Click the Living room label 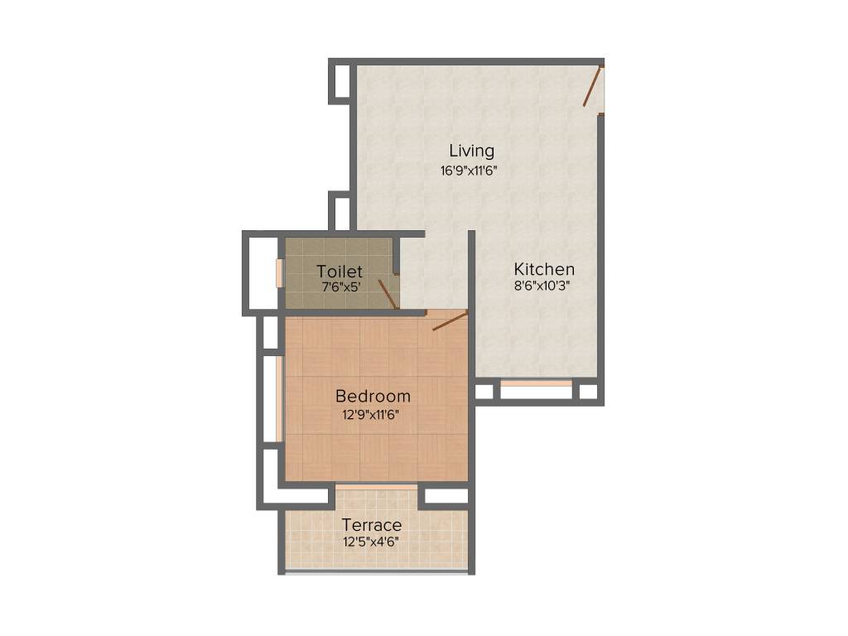click(x=471, y=151)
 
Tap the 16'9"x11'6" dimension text click(x=469, y=171)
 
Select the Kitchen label click(x=544, y=269)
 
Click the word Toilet click(x=340, y=271)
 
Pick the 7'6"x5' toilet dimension click(x=341, y=287)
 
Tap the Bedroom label click(x=373, y=396)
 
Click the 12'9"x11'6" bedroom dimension click(x=371, y=415)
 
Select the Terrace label click(x=372, y=525)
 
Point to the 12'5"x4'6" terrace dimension click(x=371, y=543)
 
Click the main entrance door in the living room click(x=592, y=88)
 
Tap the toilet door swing click(x=387, y=294)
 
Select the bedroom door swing click(x=450, y=320)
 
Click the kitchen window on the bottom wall click(x=536, y=384)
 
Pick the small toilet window click(x=280, y=272)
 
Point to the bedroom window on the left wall click(x=280, y=398)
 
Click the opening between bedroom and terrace click(x=376, y=486)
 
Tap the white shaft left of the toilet click(x=264, y=273)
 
